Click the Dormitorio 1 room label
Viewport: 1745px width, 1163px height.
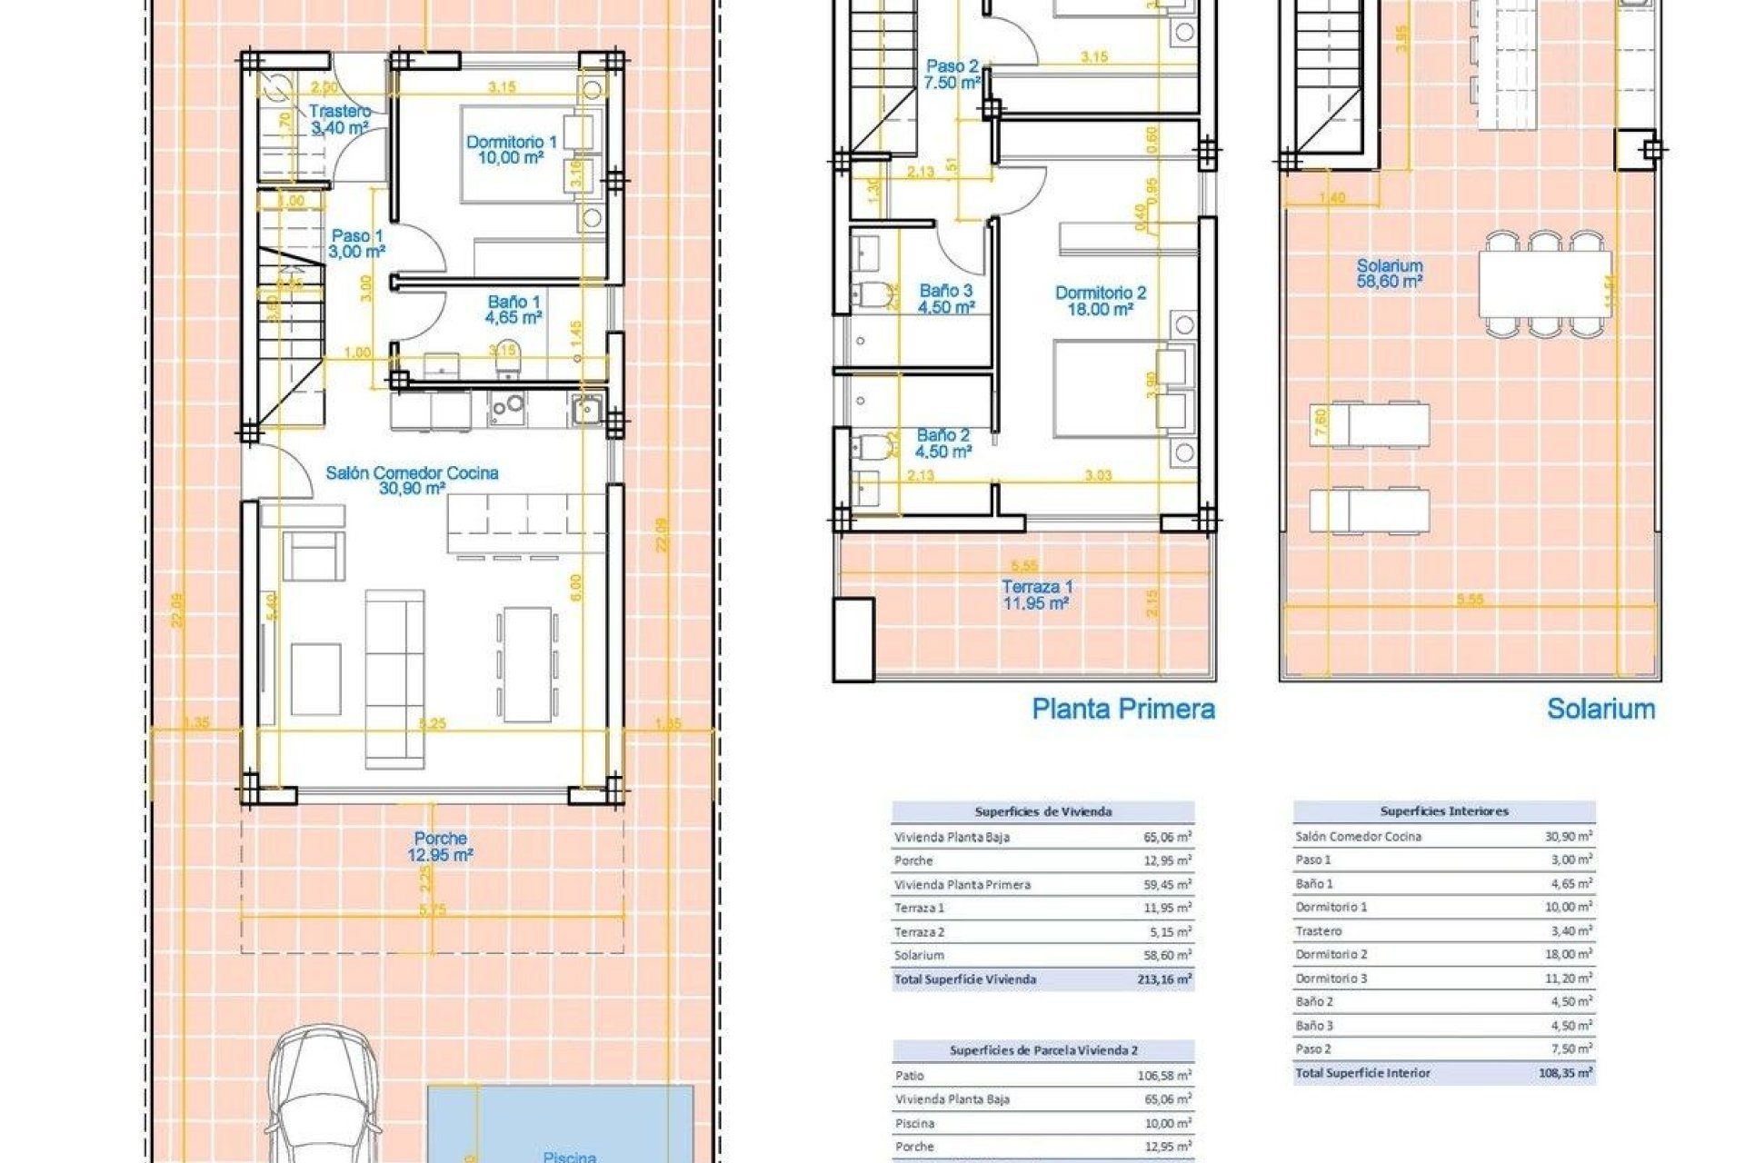(511, 149)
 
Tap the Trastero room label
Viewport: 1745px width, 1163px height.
(340, 119)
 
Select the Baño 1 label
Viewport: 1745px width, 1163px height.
(514, 309)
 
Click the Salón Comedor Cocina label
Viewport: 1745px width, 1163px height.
(412, 480)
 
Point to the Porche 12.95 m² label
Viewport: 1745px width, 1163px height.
(440, 846)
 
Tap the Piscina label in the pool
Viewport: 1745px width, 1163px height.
(569, 1156)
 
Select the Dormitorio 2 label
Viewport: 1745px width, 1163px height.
(1100, 301)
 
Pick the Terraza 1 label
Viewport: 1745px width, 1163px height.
(1036, 594)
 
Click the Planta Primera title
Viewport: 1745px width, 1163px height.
(1122, 709)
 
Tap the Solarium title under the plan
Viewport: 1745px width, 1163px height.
(1600, 709)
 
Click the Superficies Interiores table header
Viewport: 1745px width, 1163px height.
(1443, 811)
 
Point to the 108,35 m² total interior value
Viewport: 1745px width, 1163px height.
(1570, 1073)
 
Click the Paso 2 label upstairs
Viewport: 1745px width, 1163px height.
(952, 74)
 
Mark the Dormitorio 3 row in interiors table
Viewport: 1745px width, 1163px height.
(1331, 979)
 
